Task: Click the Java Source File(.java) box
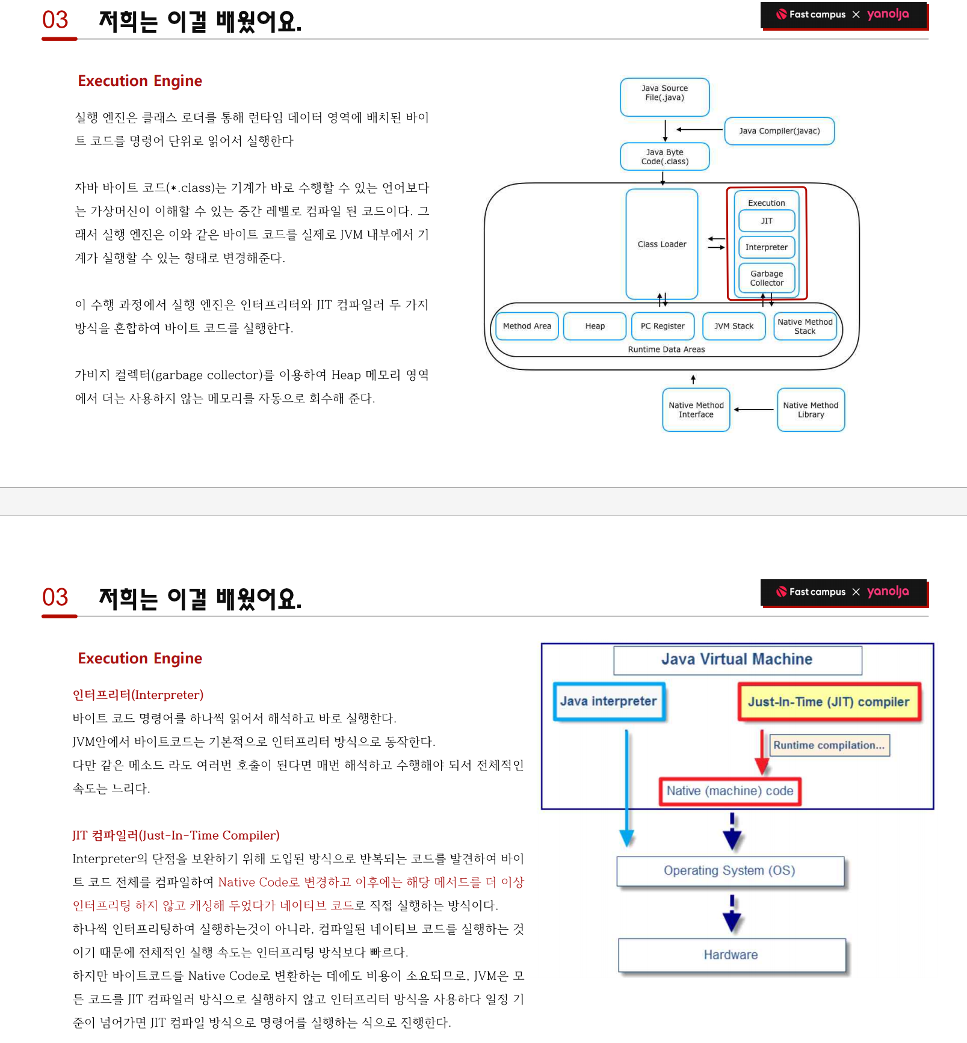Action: pyautogui.click(x=664, y=96)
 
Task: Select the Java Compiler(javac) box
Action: pyautogui.click(x=779, y=131)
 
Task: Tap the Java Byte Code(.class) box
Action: pyautogui.click(x=664, y=157)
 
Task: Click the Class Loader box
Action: pyautogui.click(x=662, y=244)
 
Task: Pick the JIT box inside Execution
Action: pyautogui.click(x=767, y=221)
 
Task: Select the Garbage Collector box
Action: pyautogui.click(x=767, y=278)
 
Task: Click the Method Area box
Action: pyautogui.click(x=527, y=326)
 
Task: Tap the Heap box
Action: pyautogui.click(x=595, y=326)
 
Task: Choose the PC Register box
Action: pyautogui.click(x=663, y=326)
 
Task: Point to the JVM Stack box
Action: pyautogui.click(x=734, y=326)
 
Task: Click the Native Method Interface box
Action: pyautogui.click(x=696, y=410)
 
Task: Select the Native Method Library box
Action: pyautogui.click(x=811, y=410)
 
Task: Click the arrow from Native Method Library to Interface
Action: pyautogui.click(x=754, y=410)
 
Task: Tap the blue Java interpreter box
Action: pyautogui.click(x=608, y=701)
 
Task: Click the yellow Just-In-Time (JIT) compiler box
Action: pyautogui.click(x=829, y=702)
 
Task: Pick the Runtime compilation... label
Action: pyautogui.click(x=829, y=745)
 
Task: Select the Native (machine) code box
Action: pyautogui.click(x=730, y=791)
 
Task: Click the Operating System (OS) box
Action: pyautogui.click(x=730, y=870)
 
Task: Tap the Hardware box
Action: pyautogui.click(x=731, y=955)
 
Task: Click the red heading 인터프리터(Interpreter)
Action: pyautogui.click(x=138, y=695)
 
